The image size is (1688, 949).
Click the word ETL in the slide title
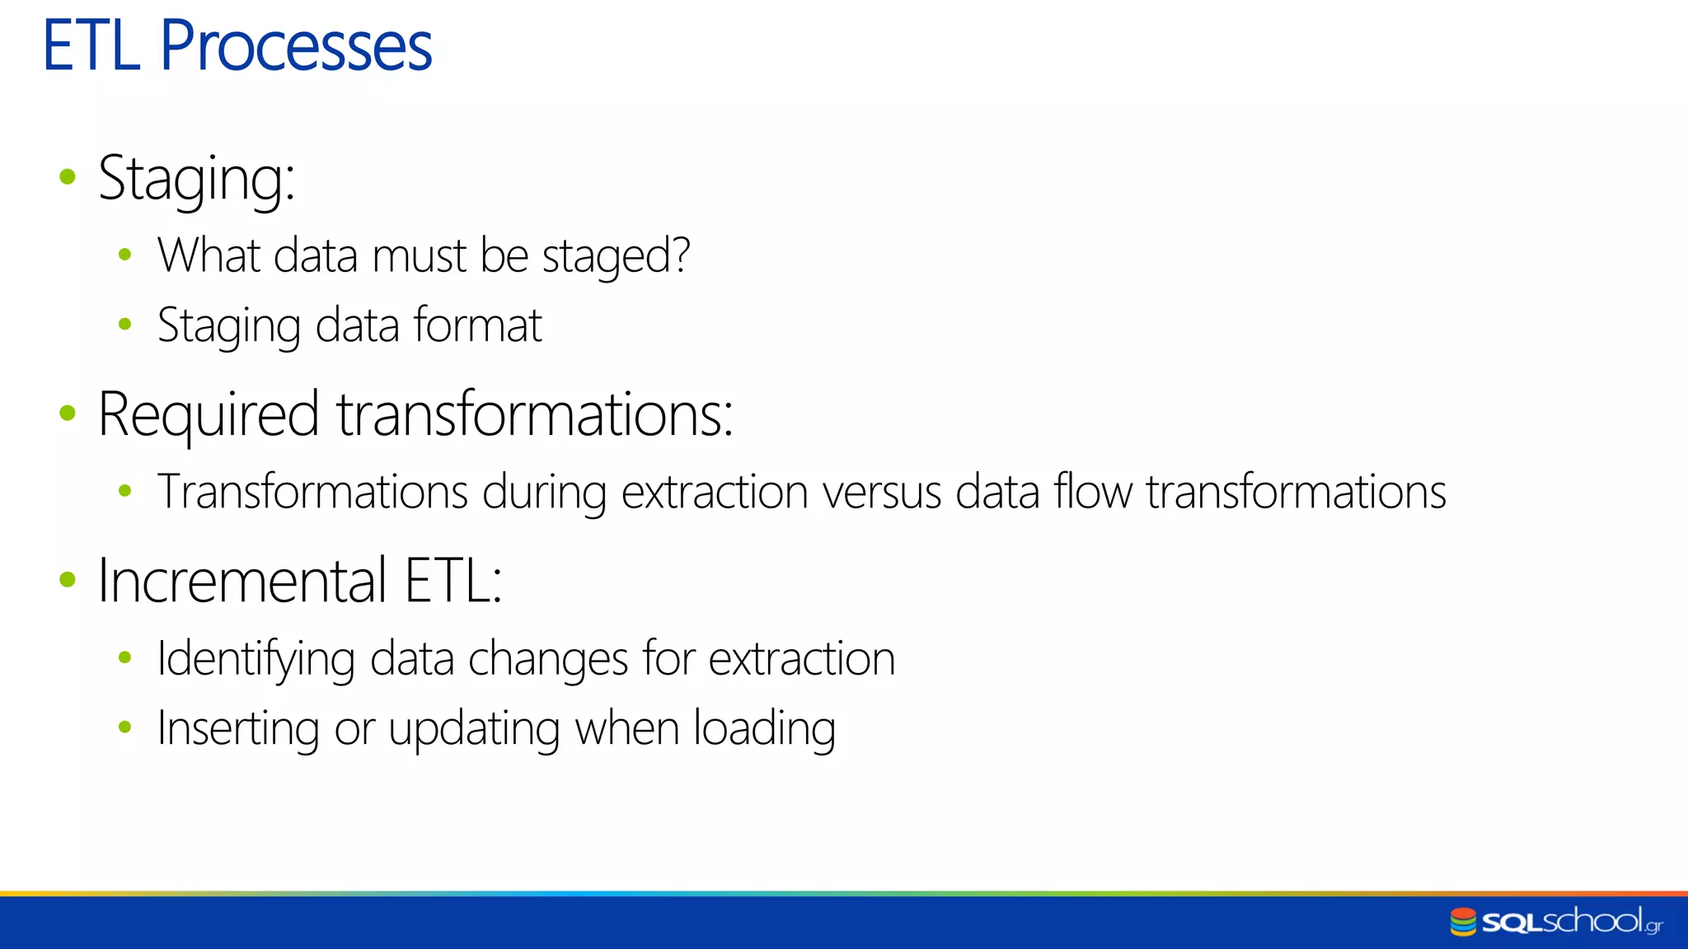pos(91,46)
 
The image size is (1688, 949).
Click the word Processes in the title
pos(295,46)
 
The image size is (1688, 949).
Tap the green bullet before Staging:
pos(68,176)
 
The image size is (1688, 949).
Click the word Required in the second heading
pos(208,414)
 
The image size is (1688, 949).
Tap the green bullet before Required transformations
pos(68,413)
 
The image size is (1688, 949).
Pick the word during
pos(544,493)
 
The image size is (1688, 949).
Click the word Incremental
pos(241,581)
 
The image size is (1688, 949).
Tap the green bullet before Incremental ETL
pos(68,579)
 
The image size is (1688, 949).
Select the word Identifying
pos(256,659)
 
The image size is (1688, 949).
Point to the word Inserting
pos(238,729)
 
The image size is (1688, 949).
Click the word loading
pos(764,729)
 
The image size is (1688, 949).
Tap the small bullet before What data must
pos(125,255)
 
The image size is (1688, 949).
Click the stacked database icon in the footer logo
pos(1463,922)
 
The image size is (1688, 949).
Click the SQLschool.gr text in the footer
pos(1571,921)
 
